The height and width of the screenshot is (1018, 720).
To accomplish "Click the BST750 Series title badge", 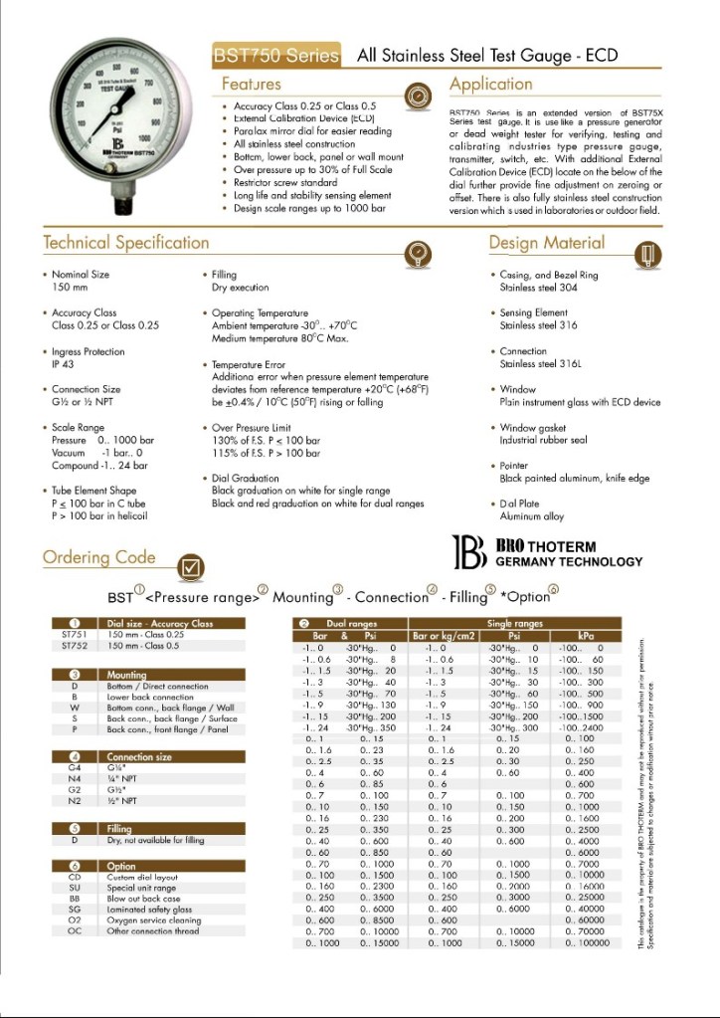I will (x=276, y=56).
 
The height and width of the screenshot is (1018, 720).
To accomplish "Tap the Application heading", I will (x=490, y=84).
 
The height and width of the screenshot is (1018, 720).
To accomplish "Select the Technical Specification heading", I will (x=125, y=243).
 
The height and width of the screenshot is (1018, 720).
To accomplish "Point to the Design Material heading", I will (x=546, y=243).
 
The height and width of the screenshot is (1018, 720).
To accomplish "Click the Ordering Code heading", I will (x=98, y=557).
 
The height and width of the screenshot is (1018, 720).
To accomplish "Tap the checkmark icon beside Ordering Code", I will (x=191, y=567).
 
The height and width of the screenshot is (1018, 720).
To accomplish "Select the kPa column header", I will (x=584, y=634).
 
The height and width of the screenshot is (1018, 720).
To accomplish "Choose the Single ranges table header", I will (x=514, y=623).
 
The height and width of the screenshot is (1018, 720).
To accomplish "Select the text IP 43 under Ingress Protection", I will (x=65, y=364).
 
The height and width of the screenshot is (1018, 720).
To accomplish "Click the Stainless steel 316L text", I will (x=540, y=364).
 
